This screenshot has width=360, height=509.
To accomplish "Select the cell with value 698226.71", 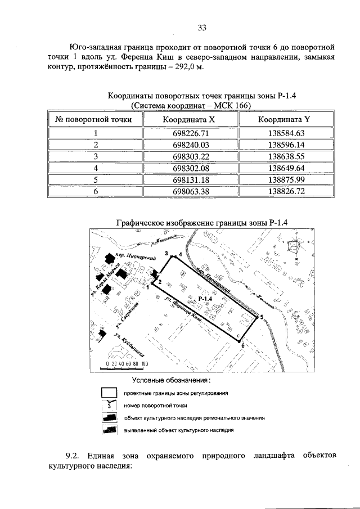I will tap(191, 133).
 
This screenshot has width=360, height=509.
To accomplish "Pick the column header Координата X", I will tap(191, 119).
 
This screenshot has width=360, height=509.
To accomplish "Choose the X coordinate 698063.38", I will tap(191, 191).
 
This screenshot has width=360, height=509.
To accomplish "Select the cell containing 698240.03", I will tap(191, 145).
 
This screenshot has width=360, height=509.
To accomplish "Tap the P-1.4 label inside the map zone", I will tap(205, 298).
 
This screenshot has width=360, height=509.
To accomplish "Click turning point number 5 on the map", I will tap(261, 318).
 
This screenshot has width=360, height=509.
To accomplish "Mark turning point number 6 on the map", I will tap(242, 345).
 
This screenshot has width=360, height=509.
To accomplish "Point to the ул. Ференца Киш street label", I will tap(183, 309).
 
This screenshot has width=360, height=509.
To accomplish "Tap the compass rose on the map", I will tap(294, 247).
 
